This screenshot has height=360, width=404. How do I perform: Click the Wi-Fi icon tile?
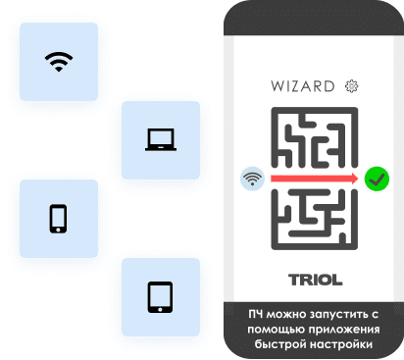pyautogui.click(x=59, y=60)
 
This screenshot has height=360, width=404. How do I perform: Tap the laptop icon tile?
pyautogui.click(x=159, y=140)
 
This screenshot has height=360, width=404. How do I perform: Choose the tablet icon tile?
pyautogui.click(x=159, y=296)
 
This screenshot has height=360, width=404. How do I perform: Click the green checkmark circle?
pyautogui.click(x=377, y=180)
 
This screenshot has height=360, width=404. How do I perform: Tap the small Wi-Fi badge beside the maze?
pyautogui.click(x=253, y=180)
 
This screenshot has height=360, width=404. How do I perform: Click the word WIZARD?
pyautogui.click(x=301, y=86)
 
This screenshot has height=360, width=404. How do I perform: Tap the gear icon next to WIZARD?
pyautogui.click(x=351, y=86)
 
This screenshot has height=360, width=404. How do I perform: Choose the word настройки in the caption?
pyautogui.click(x=344, y=345)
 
